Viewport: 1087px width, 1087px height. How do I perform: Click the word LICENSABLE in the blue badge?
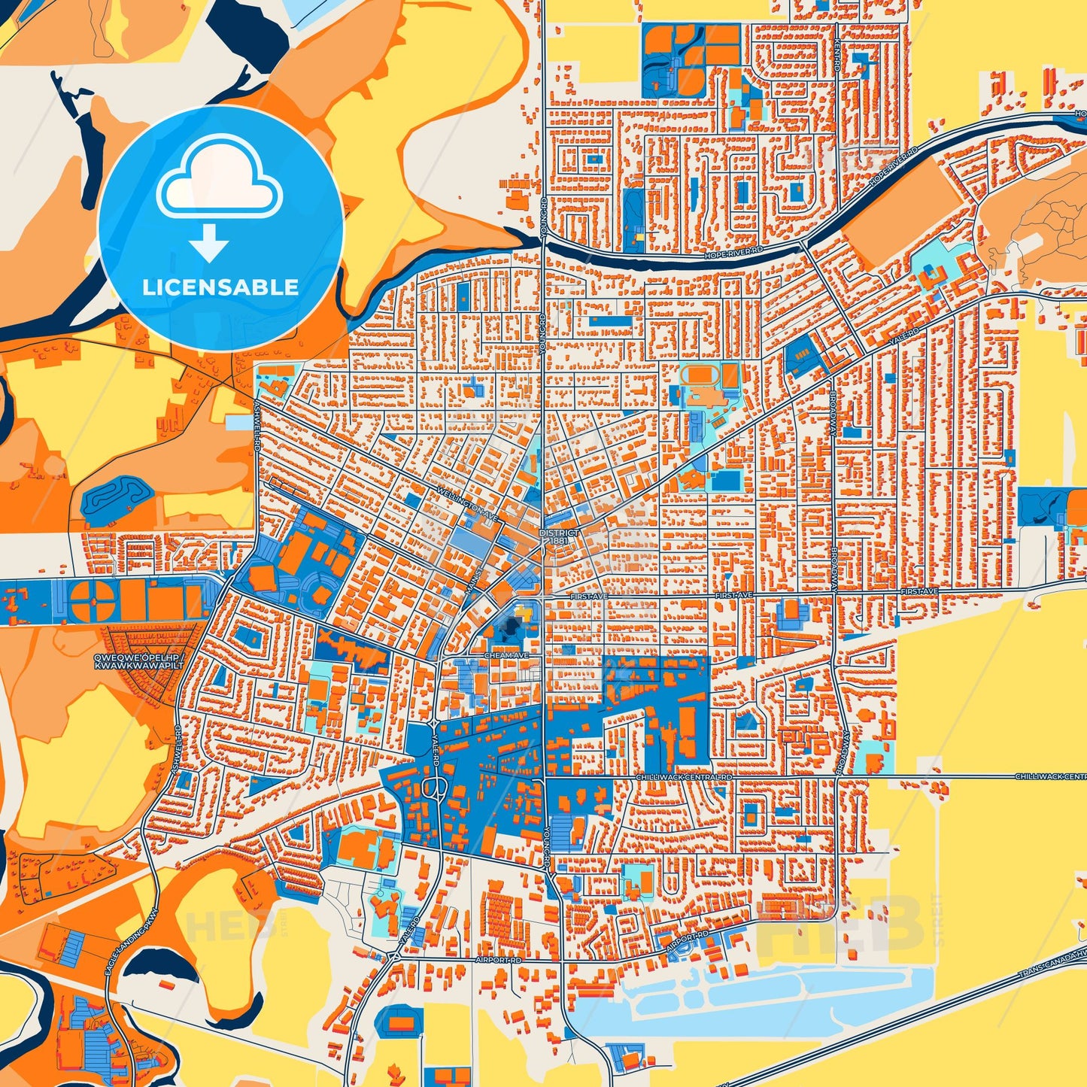pos(220,287)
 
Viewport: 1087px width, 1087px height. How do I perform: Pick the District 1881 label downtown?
pos(559,536)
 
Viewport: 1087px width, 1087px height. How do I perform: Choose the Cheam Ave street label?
pos(506,655)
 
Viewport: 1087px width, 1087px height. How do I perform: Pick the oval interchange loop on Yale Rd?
pos(433,789)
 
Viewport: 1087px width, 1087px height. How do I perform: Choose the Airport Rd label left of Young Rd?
pos(498,961)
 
